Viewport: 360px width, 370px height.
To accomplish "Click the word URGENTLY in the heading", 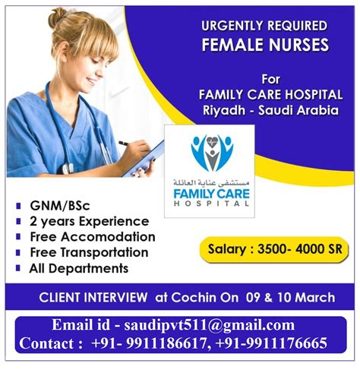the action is [232, 26].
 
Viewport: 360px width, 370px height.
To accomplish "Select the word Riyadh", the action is [224, 110].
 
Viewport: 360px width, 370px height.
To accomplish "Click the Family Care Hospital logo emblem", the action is [212, 153].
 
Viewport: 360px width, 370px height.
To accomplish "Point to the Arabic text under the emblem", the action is [211, 182].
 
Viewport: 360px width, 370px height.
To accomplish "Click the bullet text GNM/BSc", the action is [60, 206].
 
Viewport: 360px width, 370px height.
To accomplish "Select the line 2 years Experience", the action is [90, 222].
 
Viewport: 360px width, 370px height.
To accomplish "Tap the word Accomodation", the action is [108, 237].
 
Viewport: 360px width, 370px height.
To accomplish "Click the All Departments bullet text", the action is [79, 268].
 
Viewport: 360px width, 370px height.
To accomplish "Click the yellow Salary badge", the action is [274, 249].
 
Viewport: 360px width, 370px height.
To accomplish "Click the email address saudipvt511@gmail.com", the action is [210, 325].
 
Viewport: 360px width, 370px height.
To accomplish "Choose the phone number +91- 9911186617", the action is [151, 343].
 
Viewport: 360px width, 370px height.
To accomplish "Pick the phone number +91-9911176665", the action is [271, 343].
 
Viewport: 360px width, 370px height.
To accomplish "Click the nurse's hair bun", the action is [58, 17].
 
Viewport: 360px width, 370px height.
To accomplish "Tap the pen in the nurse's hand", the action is [124, 143].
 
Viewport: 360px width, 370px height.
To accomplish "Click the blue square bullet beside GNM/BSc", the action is [18, 206].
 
